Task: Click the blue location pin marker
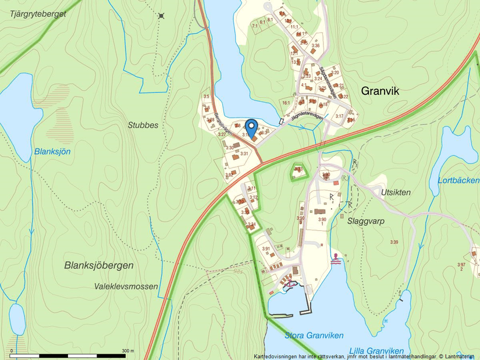click(251, 126)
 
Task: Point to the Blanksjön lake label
click(52, 151)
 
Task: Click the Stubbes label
click(143, 124)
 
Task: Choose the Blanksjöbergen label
click(99, 265)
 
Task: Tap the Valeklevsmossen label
click(126, 286)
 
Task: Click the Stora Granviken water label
click(314, 336)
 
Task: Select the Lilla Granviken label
click(377, 351)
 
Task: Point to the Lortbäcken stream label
click(458, 180)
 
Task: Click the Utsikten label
click(396, 192)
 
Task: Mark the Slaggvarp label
click(365, 221)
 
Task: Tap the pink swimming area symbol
click(336, 259)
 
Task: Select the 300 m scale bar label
click(127, 351)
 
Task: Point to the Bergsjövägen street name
click(223, 123)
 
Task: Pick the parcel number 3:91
click(266, 249)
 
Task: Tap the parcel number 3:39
click(394, 242)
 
